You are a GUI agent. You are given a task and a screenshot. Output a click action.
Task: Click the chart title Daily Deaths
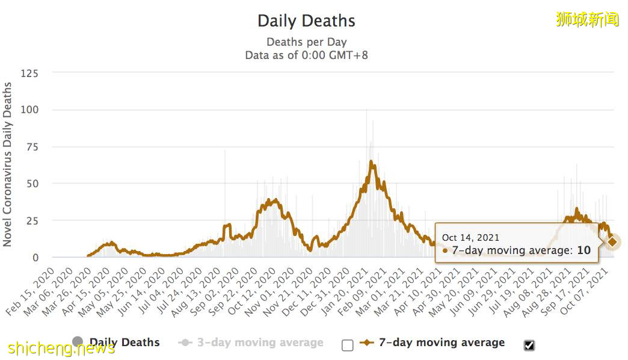(x=306, y=21)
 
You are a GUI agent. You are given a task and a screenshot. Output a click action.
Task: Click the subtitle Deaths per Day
(x=306, y=42)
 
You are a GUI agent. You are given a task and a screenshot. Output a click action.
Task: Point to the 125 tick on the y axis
(x=29, y=73)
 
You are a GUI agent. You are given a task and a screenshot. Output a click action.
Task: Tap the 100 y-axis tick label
(x=29, y=110)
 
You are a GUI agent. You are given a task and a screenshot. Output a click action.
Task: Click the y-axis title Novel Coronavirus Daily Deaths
(x=8, y=164)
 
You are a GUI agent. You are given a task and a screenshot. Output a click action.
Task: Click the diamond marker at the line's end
(x=612, y=242)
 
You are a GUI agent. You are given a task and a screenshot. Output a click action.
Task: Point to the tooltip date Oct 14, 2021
(x=470, y=238)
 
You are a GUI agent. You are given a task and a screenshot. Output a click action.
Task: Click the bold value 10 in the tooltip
(x=583, y=250)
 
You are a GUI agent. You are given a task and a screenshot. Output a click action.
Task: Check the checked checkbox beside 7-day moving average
(x=529, y=345)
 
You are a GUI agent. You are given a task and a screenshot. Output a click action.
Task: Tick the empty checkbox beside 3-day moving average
(x=347, y=345)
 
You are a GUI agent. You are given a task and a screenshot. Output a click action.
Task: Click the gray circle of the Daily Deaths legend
(x=78, y=342)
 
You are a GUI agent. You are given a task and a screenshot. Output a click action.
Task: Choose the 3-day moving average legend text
(x=260, y=343)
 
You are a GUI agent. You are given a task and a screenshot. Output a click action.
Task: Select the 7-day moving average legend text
(x=442, y=343)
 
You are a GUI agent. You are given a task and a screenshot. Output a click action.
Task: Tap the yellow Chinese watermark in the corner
(x=588, y=19)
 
